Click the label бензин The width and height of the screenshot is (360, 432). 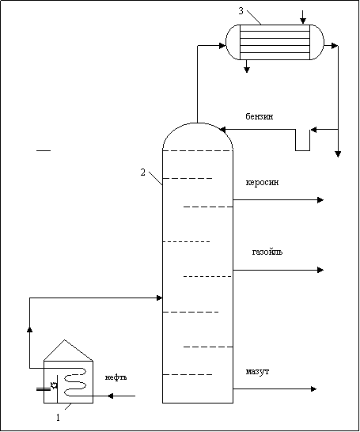[x=260, y=116]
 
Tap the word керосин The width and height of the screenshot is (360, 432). [x=262, y=183]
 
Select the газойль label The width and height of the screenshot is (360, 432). [x=267, y=252]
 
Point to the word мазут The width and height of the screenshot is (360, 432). [x=257, y=372]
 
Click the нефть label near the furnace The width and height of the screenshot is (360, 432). [x=116, y=377]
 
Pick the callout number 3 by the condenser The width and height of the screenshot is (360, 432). [x=241, y=11]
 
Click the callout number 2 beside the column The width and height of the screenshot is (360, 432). [x=142, y=172]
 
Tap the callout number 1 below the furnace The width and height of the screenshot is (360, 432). [x=58, y=418]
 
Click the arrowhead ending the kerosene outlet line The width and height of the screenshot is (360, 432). [x=320, y=199]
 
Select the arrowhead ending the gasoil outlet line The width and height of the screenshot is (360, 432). [x=320, y=270]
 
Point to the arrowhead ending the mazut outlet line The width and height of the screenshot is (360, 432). [x=313, y=389]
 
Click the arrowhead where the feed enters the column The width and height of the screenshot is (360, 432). [x=159, y=297]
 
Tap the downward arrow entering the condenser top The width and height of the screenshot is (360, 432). [x=303, y=17]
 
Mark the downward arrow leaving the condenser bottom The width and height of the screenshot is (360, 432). [x=247, y=66]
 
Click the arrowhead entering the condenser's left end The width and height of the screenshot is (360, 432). [x=222, y=46]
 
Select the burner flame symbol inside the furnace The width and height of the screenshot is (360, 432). [x=55, y=385]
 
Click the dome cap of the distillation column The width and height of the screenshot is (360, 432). [x=198, y=123]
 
